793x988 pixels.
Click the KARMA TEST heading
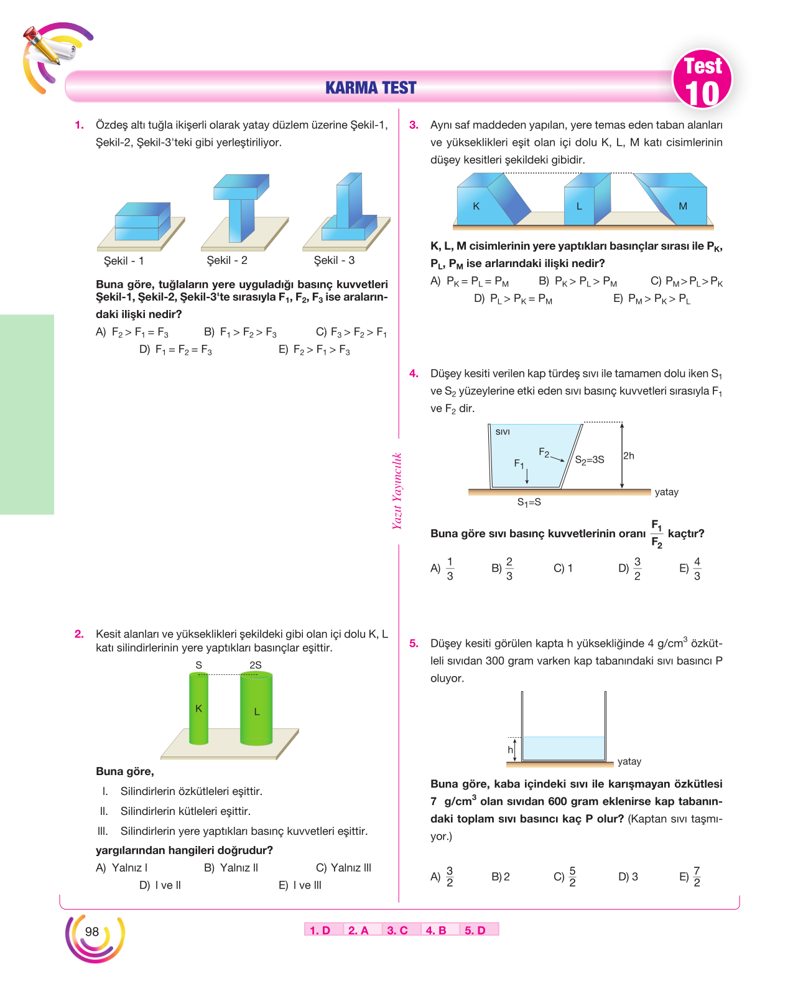point(370,87)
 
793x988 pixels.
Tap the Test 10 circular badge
point(702,78)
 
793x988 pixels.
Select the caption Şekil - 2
point(226,260)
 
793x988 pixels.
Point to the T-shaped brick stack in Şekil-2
point(241,207)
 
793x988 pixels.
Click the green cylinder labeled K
point(198,708)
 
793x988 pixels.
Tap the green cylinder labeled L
point(256,708)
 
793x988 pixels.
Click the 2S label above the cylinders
point(256,665)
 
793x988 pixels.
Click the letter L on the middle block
point(579,206)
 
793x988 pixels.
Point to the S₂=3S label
point(590,459)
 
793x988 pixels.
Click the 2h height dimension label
point(628,456)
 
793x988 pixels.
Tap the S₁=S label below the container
point(529,502)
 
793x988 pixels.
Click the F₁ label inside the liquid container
point(519,464)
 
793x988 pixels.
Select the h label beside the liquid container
point(510,750)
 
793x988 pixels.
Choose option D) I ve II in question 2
point(160,885)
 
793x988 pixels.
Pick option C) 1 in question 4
point(563,568)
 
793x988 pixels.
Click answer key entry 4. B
point(436,930)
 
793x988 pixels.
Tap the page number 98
point(91,931)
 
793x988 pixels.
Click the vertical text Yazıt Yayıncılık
point(397,491)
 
